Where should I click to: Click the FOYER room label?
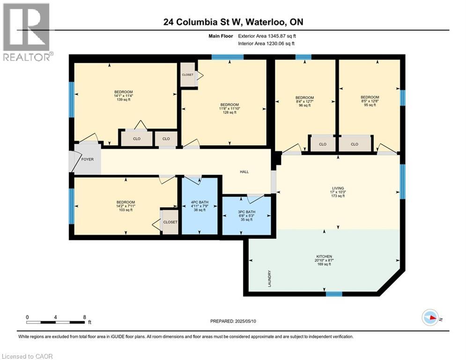tap(88, 159)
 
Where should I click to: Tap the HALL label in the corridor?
tap(244, 172)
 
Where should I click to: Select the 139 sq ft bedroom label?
tap(124, 96)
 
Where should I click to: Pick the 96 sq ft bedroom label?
tap(304, 101)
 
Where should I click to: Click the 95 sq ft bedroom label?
tap(369, 101)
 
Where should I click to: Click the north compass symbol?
tap(430, 318)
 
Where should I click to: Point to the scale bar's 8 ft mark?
tap(84, 317)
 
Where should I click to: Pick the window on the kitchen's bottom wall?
tap(334, 294)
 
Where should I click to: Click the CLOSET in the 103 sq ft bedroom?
tap(170, 222)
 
